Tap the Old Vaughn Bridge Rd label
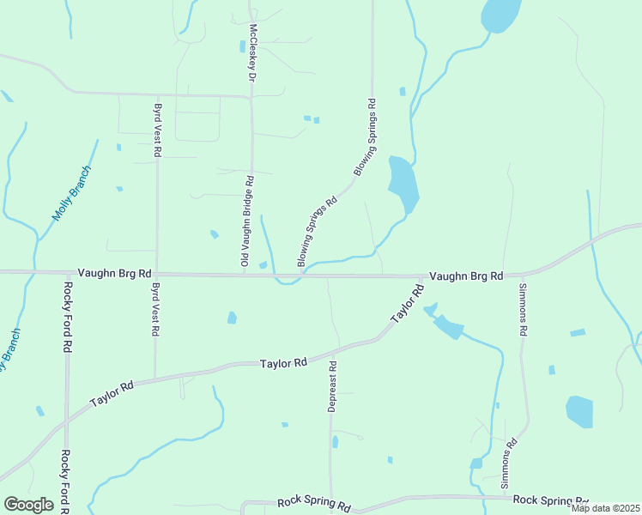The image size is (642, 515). click(246, 221)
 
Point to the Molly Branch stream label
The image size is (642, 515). click(70, 193)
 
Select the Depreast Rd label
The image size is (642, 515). click(332, 386)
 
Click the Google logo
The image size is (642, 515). click(28, 504)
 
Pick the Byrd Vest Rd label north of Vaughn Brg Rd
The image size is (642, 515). click(158, 130)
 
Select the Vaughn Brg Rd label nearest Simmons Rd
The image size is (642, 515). click(465, 276)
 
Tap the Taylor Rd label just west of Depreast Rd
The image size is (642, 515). click(283, 364)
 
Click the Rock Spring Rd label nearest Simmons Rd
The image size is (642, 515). click(550, 500)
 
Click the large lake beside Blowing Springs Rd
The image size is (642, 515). click(402, 182)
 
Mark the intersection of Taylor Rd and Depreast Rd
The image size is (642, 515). click(331, 350)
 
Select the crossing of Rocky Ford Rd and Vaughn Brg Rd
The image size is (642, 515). click(67, 272)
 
